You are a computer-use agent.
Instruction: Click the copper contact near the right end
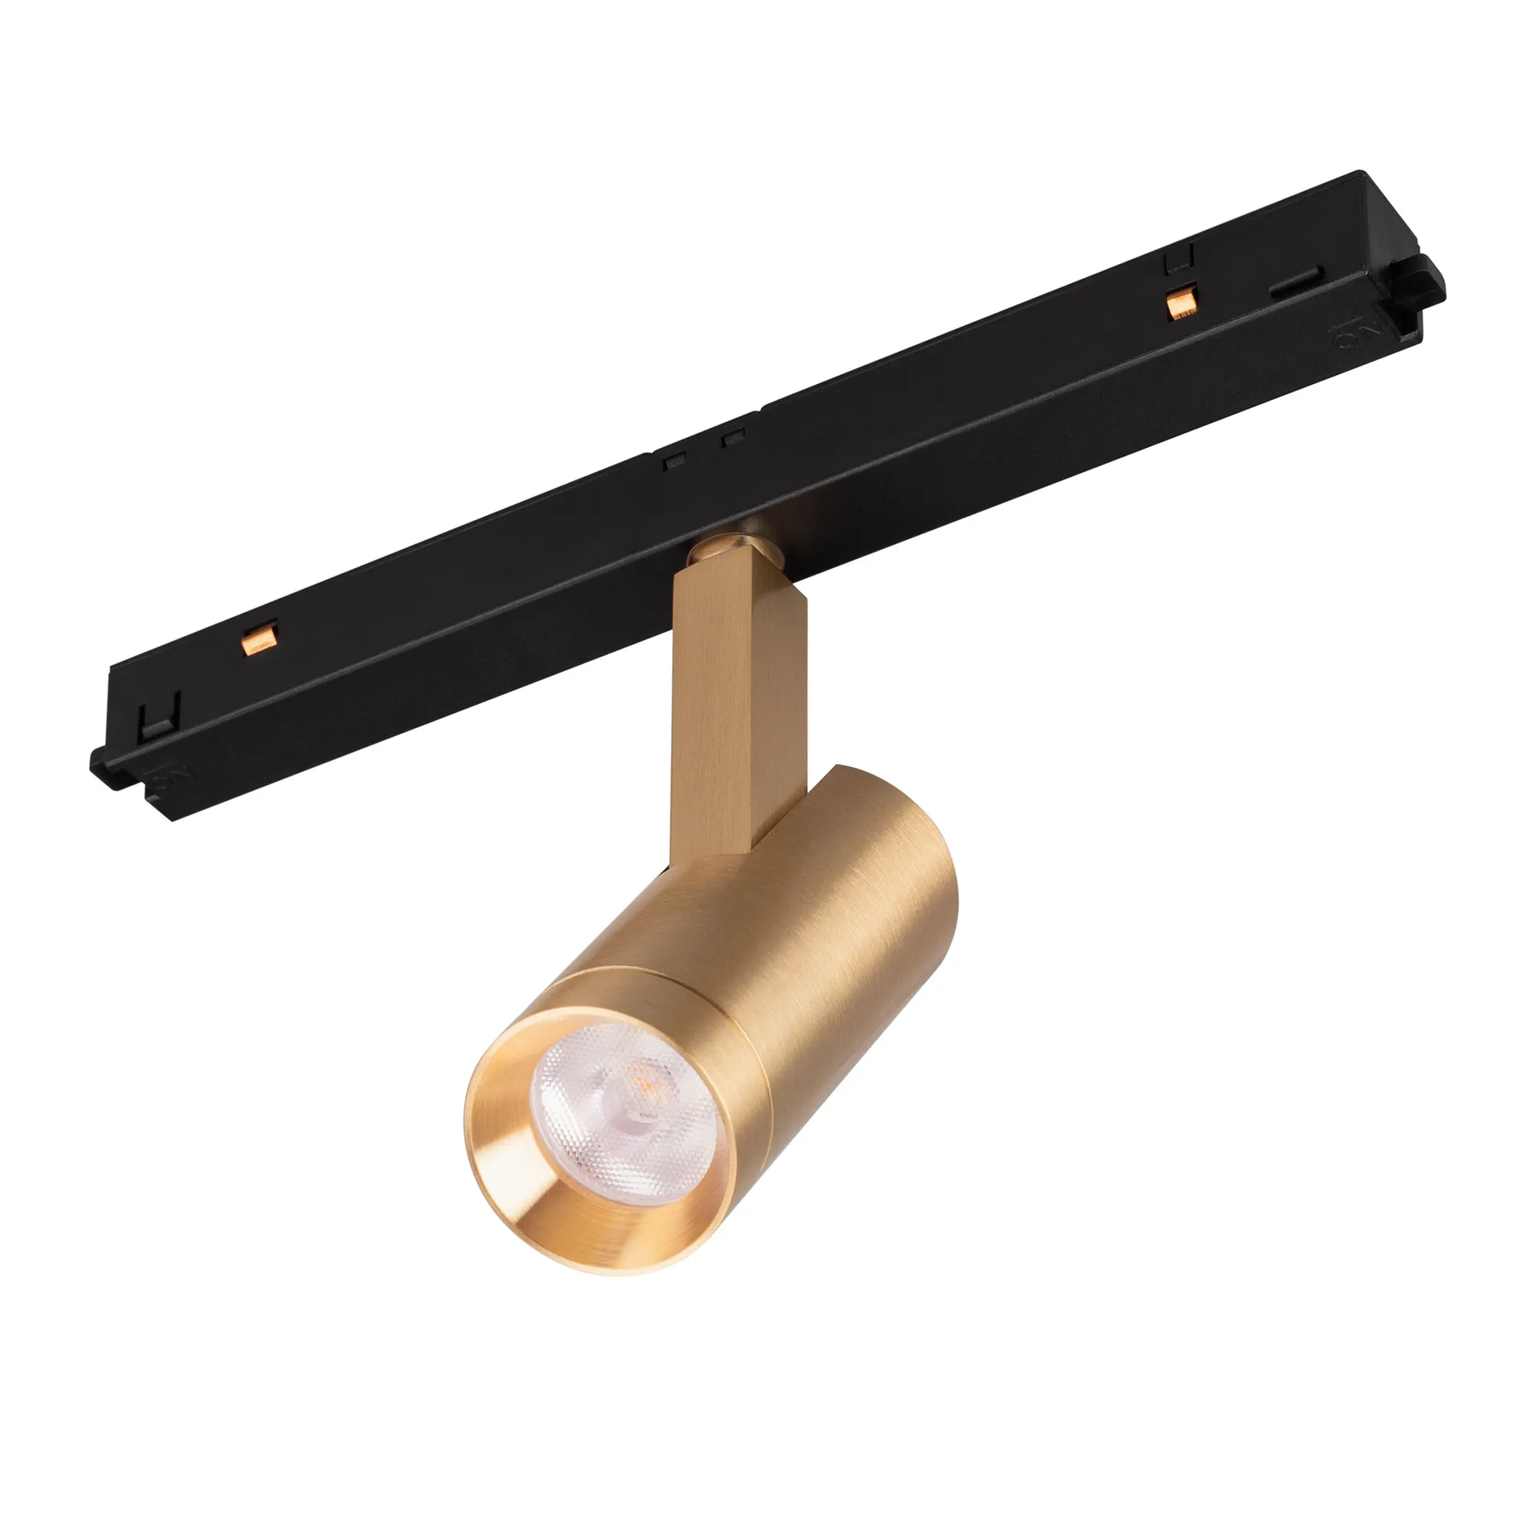pyautogui.click(x=1180, y=305)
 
